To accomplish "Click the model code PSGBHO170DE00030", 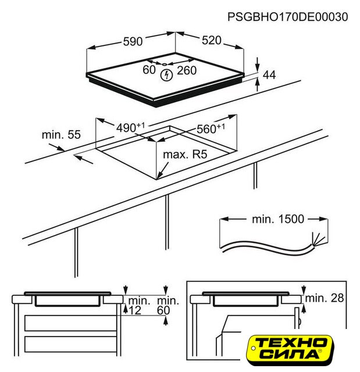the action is click(288, 17).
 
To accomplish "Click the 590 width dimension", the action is click(133, 41).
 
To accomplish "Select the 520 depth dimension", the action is click(212, 40).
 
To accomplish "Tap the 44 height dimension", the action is click(269, 75).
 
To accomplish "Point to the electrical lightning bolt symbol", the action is click(166, 75).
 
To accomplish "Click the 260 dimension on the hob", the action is click(187, 70).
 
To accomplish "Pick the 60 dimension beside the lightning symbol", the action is click(149, 70).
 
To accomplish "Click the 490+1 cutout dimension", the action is click(130, 128).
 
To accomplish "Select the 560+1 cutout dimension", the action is click(211, 128).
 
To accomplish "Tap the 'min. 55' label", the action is click(61, 134).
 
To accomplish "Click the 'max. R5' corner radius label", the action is click(185, 155).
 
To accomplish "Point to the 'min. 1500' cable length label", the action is click(278, 219).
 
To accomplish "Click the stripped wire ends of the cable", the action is click(318, 239).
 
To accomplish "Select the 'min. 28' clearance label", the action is click(325, 298).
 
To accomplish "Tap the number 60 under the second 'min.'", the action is click(163, 310).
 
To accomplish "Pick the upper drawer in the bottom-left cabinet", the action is click(70, 323).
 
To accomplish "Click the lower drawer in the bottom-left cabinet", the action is click(70, 344).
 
